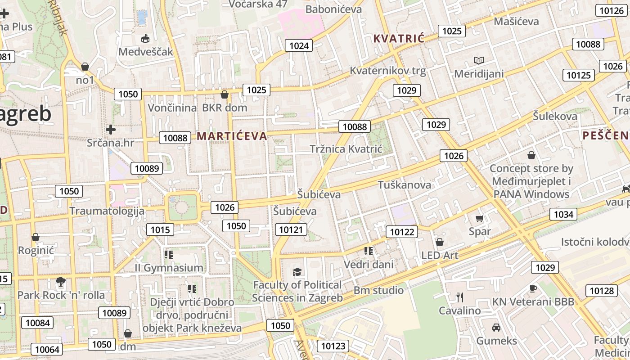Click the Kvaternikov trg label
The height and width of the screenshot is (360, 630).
tap(387, 71)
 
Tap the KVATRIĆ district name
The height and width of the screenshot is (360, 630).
tap(399, 39)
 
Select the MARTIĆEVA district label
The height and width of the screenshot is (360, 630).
tap(232, 136)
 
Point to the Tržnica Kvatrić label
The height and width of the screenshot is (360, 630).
tap(346, 149)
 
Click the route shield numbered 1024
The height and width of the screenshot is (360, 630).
tap(299, 45)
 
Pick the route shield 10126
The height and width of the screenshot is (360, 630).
tap(610, 10)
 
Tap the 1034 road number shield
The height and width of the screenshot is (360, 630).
tap(563, 214)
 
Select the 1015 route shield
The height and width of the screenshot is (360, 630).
tap(160, 230)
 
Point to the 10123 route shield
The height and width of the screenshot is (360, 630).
tap(333, 346)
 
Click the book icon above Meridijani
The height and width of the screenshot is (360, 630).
tap(478, 60)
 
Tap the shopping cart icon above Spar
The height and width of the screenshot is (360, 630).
tap(479, 219)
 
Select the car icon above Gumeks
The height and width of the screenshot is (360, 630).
tap(496, 328)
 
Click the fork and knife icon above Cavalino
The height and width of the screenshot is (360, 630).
tap(459, 297)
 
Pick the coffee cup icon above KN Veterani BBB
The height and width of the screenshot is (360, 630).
tap(533, 288)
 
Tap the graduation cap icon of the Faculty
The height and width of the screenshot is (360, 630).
tap(297, 272)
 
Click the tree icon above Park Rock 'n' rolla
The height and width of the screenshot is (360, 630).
tap(60, 282)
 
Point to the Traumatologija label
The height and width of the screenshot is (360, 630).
tap(107, 211)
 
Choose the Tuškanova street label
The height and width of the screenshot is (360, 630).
tap(404, 184)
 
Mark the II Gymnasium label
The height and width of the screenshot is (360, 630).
tap(169, 268)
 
